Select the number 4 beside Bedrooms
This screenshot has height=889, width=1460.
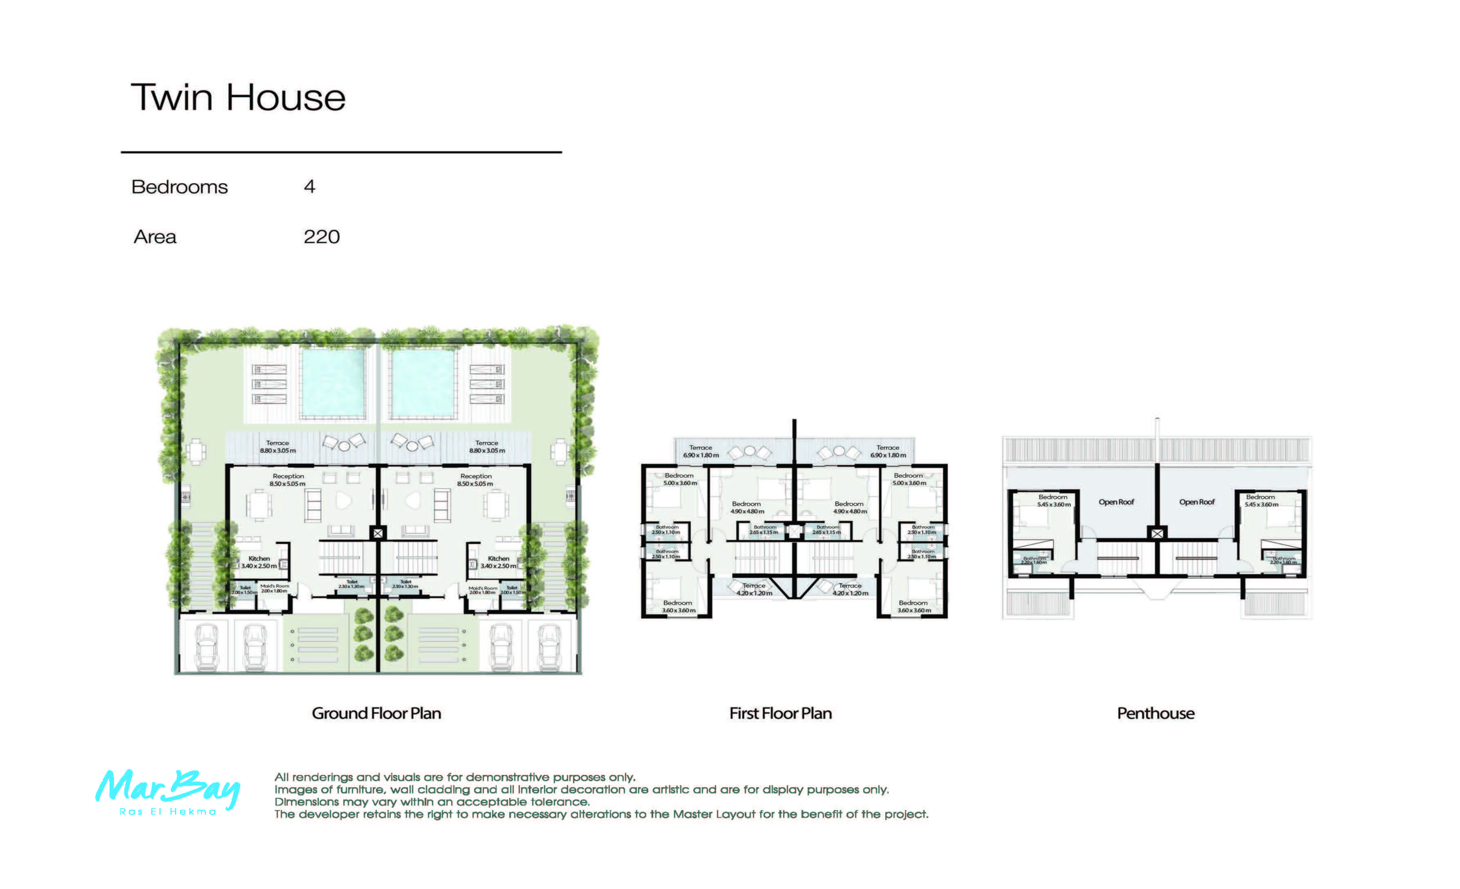(309, 187)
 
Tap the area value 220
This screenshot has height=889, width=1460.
(321, 237)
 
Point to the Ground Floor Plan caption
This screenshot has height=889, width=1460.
(376, 714)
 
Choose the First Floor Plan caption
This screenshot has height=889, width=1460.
(780, 714)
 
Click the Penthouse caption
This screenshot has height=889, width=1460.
(1155, 714)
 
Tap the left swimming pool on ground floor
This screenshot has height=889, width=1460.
(333, 383)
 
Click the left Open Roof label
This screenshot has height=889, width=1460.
(1116, 502)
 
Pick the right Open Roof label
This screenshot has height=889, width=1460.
(1196, 502)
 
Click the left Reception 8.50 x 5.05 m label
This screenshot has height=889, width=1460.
(288, 480)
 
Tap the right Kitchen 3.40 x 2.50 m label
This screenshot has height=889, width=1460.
(498, 562)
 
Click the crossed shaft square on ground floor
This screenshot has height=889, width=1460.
(378, 533)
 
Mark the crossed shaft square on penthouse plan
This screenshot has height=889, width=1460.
(1157, 533)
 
